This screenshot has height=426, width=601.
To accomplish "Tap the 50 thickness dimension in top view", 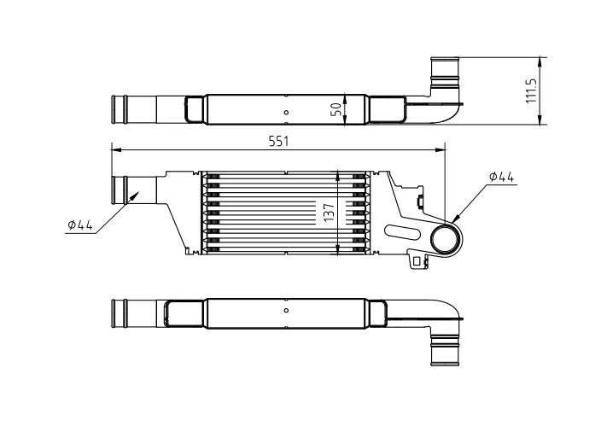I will pos(336,108).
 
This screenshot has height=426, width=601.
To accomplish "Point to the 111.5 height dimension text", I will pos(531,91).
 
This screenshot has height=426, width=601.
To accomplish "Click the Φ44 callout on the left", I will pos(79,225).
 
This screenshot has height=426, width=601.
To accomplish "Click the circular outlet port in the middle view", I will pos(445,240).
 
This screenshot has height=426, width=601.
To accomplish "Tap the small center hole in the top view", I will pos(286,113).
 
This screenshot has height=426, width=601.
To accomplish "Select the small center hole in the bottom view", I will pos(286,311).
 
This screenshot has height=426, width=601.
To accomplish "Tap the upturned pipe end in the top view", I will pos(444,67).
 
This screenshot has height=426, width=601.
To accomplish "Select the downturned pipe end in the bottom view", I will pos(444,352).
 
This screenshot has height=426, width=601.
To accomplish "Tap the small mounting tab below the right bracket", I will pos(417,260).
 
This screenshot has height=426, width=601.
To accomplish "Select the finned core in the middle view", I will pos(286,213).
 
